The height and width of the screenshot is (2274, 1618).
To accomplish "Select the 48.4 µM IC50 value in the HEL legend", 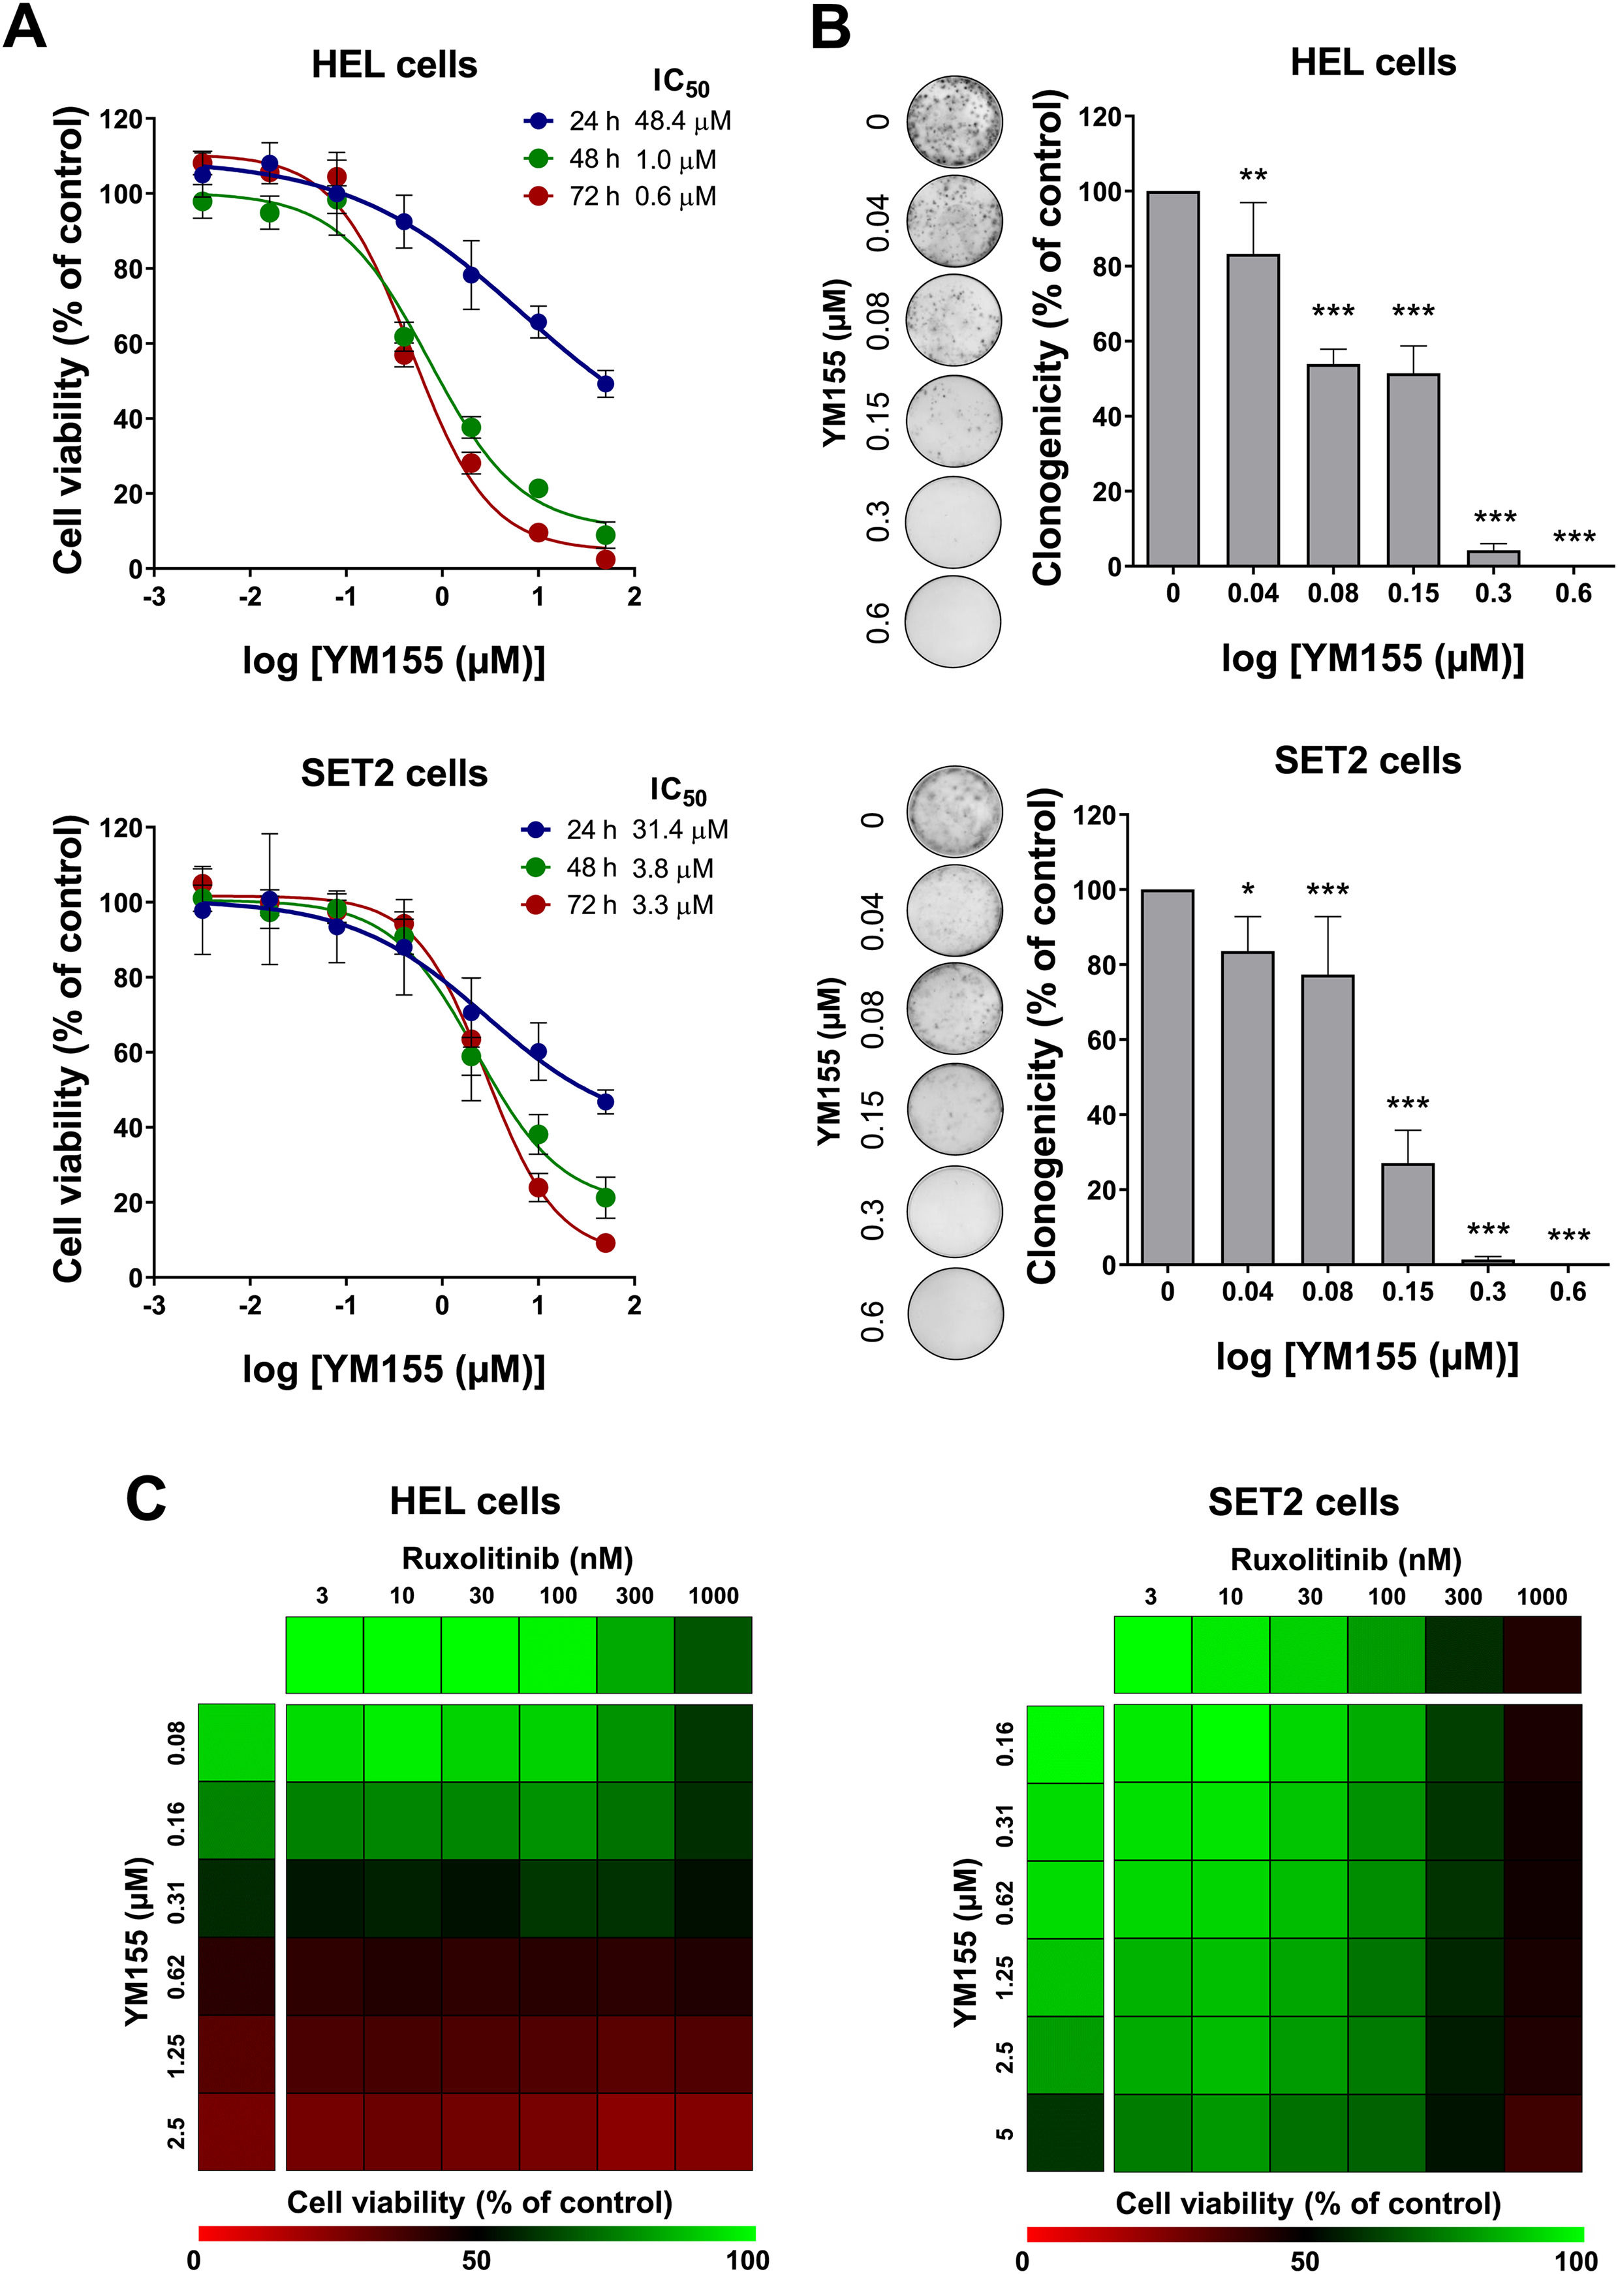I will (683, 121).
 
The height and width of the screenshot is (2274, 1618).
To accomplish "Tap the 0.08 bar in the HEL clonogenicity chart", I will (1332, 464).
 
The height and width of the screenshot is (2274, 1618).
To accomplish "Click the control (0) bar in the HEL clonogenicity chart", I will (1173, 378).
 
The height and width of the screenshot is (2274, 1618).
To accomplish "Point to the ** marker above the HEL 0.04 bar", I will (1253, 177).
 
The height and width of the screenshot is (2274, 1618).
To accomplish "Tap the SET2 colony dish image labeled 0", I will (954, 811).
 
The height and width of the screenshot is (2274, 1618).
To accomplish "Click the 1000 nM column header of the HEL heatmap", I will (713, 1595).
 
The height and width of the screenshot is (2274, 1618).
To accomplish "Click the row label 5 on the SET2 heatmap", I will (1004, 2132).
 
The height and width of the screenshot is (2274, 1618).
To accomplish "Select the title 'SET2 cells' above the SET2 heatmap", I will (1303, 1502).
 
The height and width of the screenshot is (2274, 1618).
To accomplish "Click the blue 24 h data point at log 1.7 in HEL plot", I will (605, 384).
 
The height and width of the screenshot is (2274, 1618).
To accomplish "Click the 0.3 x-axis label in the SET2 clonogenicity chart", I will (1487, 1292).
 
